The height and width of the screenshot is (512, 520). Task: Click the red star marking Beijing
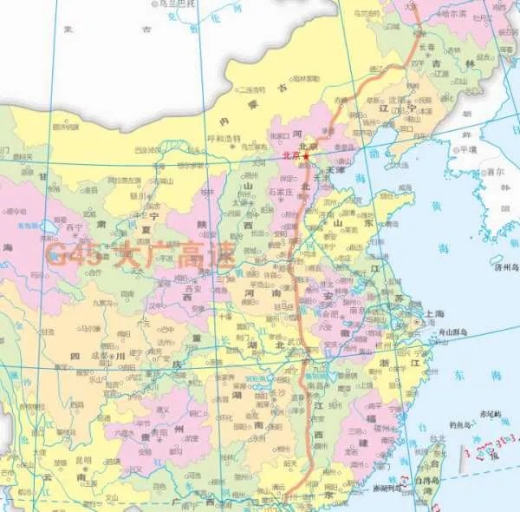coord(305,155)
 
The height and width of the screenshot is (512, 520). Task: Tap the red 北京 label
coord(291,155)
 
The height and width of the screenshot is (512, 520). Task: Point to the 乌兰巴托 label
coord(173,4)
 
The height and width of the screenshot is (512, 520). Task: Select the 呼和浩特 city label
coord(222,139)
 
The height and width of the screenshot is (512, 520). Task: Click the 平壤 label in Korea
coord(468,148)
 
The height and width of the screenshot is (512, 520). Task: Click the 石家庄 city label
coord(283,191)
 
